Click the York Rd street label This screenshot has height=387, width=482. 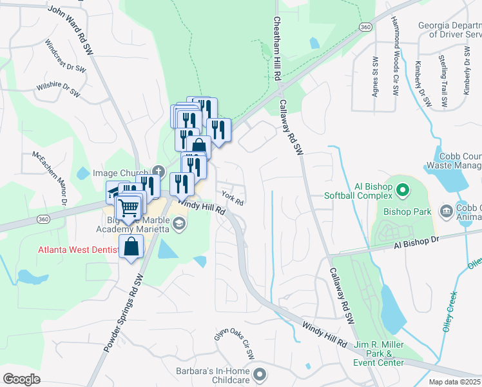[231, 198]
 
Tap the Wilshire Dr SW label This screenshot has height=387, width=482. [58, 92]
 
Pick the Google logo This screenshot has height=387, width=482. [22, 379]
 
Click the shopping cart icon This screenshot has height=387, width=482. [129, 208]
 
